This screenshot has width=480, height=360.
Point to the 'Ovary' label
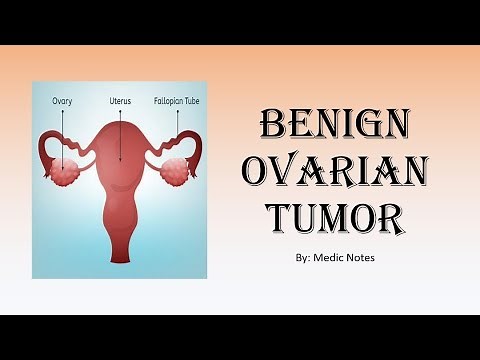[x=63, y=101]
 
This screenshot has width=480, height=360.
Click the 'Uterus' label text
[x=120, y=101]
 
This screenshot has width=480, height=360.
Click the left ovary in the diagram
[x=68, y=173]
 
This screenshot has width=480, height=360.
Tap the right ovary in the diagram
[x=180, y=171]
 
